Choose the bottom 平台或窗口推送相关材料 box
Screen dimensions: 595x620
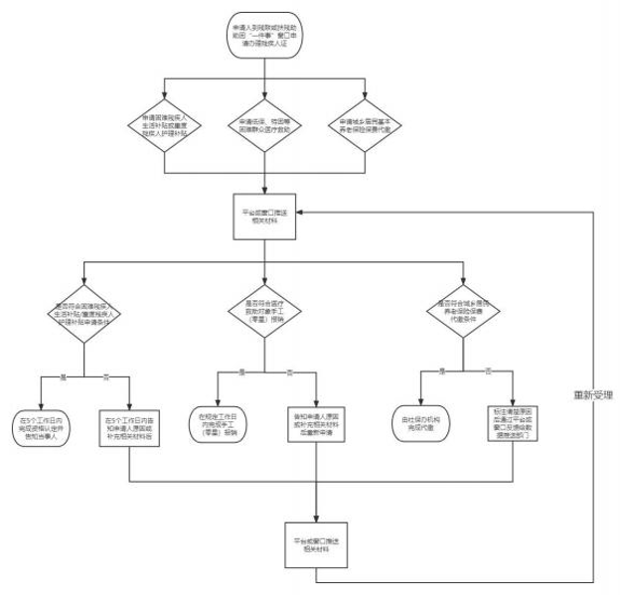[x=318, y=541]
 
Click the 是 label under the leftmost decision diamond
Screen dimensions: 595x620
[x=63, y=374]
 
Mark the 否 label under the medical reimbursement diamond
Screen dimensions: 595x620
[x=289, y=372]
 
